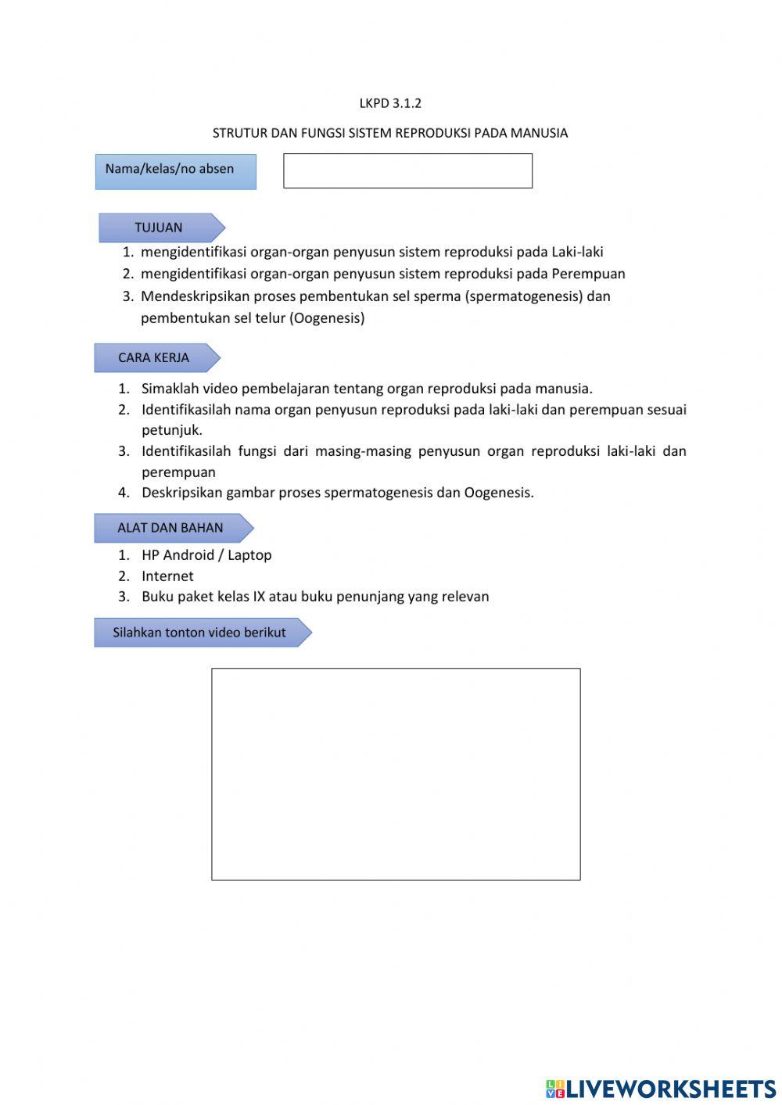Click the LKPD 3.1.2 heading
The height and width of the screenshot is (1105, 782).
point(390,103)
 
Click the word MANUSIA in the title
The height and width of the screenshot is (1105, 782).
point(539,133)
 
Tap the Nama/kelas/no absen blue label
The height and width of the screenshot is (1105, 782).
point(175,170)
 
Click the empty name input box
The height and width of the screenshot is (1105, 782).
point(407,170)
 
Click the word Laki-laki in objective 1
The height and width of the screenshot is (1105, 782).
point(577,252)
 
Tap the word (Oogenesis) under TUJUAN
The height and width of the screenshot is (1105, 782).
point(328,318)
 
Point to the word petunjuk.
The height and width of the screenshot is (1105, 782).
point(171,430)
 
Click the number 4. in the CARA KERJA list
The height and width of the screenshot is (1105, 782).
point(124,493)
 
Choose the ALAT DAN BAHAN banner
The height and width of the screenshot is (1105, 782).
point(171,528)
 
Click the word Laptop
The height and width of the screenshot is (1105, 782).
point(249,555)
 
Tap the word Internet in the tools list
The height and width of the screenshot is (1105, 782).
point(167,576)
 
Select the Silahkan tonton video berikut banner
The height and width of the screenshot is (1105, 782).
point(200,633)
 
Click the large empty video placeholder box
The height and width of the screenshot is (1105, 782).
point(396,774)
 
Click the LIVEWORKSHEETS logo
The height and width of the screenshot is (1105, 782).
point(661,1089)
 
